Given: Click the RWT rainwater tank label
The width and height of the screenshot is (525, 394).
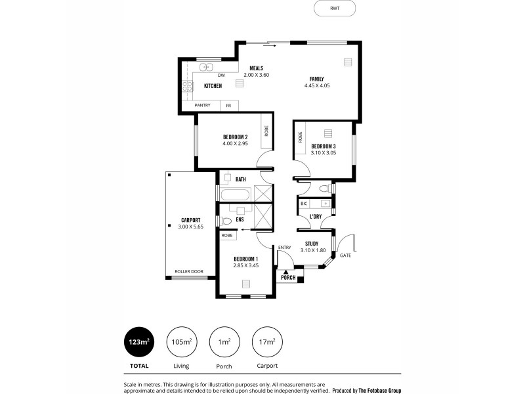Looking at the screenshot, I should coord(335,9).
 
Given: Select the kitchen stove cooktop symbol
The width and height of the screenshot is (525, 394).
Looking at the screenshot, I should coord(187,86).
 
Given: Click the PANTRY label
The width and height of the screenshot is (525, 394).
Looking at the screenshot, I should coord(202,105).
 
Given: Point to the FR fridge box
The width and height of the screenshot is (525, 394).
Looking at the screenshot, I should coord(228,105).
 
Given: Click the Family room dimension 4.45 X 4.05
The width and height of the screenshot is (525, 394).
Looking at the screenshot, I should coord(316,86).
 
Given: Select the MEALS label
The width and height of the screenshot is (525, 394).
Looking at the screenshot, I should coord(256,68).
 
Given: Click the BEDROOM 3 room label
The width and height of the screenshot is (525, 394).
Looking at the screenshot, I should coord(324,146).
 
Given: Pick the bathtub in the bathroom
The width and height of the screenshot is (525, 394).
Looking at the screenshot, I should coord(236,195).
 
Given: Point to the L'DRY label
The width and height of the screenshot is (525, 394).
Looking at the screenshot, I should coord(315,215).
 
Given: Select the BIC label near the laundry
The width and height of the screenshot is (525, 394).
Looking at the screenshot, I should coord(304,204).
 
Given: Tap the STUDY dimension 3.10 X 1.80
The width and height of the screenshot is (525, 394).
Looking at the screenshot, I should coord(312,250).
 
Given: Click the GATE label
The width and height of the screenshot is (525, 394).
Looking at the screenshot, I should coord(345,255).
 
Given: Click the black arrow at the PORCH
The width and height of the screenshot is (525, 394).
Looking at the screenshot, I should coord(286,271).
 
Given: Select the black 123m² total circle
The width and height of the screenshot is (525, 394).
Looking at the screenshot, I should coord(138,341).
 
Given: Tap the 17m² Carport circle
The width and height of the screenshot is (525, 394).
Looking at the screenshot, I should coord(267,341).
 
